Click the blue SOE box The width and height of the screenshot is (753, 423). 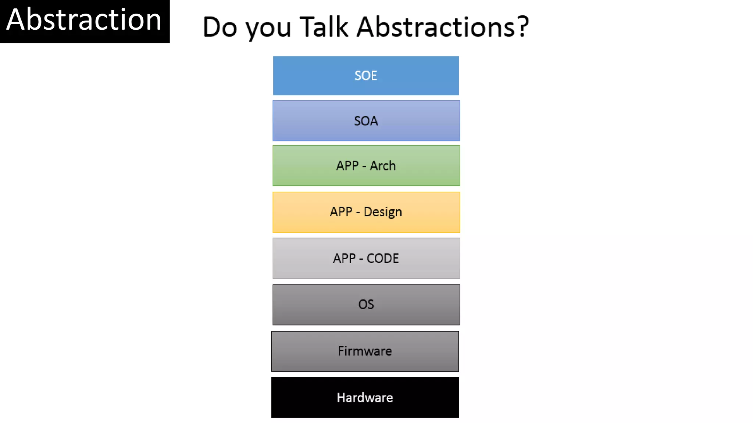tap(366, 76)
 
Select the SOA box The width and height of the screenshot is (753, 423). tap(366, 121)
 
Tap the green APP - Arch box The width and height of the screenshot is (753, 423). tap(366, 166)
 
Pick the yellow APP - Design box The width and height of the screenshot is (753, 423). tap(366, 212)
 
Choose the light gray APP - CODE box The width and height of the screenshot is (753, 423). tap(366, 258)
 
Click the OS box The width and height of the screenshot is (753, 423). tap(366, 304)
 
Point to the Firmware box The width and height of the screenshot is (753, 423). tap(365, 351)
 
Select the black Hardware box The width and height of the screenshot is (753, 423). tap(365, 397)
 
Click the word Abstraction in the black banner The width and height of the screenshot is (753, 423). tap(84, 20)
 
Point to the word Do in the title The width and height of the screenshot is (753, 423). tap(220, 27)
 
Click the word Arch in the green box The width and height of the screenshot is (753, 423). tap(383, 166)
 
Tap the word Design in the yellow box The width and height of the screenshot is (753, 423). tap(383, 212)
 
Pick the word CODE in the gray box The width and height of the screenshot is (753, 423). tap(383, 258)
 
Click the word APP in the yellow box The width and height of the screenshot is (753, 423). tap(341, 212)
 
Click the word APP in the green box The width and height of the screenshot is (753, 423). tap(347, 166)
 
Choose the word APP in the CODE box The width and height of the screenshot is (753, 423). tap(344, 258)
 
